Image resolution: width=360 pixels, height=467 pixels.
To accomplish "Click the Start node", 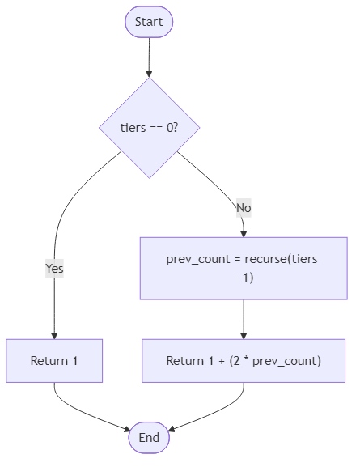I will (149, 22).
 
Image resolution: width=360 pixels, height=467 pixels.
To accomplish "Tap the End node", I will (149, 437).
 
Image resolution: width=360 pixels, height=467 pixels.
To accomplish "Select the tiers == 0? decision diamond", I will (149, 128).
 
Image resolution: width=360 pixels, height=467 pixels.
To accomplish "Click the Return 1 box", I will (54, 360).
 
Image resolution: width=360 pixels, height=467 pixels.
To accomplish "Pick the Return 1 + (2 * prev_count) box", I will (244, 360).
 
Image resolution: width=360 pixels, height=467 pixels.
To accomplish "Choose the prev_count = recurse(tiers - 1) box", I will (244, 268).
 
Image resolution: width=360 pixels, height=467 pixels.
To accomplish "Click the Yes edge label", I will (54, 268).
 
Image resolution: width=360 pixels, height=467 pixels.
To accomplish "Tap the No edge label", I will (244, 208).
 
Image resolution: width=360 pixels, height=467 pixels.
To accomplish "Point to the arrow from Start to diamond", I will (149, 57).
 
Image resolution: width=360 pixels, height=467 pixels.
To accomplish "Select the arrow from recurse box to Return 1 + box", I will (244, 319).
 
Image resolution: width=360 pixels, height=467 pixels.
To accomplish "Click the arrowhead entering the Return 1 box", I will (54, 334).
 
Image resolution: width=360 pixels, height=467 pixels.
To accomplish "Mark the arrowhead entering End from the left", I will (125, 430).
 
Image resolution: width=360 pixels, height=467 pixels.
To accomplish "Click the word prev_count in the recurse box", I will (194, 259).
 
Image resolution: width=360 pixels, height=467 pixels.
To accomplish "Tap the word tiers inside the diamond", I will (133, 128).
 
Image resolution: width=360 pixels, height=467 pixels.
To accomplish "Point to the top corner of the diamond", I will (149, 79).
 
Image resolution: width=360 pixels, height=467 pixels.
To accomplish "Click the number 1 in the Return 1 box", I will (74, 360).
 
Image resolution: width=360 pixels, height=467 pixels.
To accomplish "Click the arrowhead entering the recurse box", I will (244, 232).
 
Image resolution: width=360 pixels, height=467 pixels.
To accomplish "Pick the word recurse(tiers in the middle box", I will (286, 259).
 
